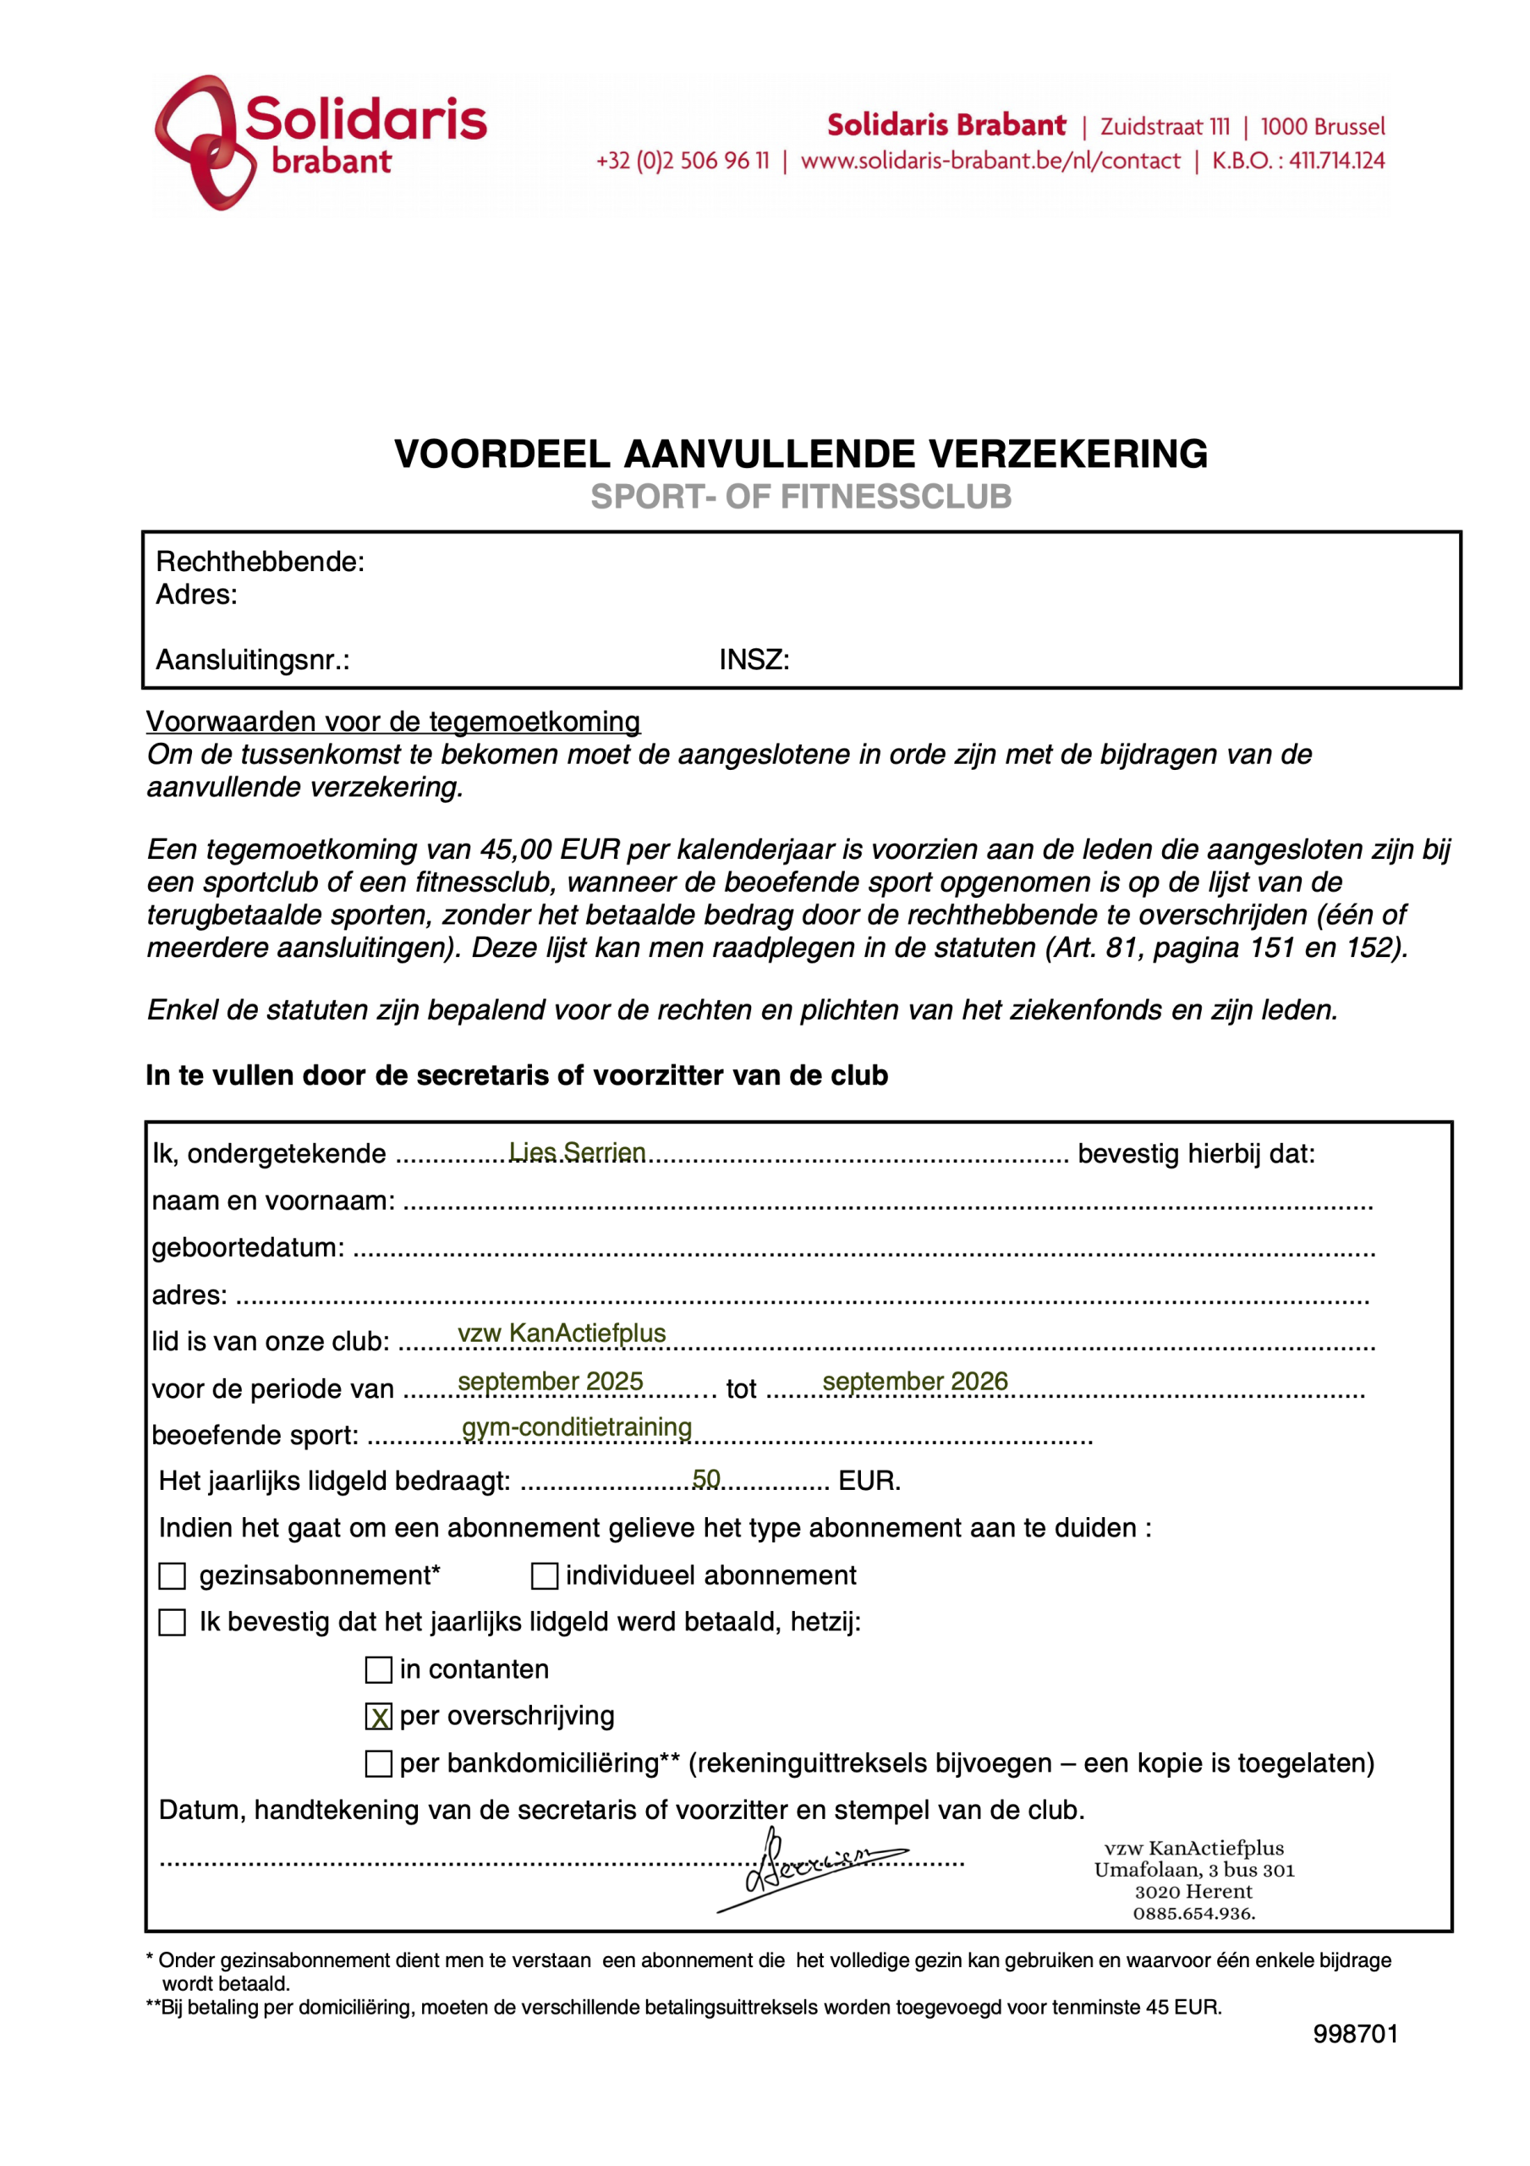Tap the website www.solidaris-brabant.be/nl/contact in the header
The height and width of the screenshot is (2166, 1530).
(x=990, y=162)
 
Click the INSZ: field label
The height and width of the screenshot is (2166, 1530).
(x=754, y=659)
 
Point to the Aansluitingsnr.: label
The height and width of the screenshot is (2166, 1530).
(x=252, y=659)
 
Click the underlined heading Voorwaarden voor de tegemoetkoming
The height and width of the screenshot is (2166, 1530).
(x=392, y=722)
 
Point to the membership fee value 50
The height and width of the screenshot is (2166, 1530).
(x=705, y=1478)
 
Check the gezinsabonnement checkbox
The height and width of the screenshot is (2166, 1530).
(x=172, y=1576)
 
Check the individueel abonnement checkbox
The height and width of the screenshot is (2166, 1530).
(x=545, y=1576)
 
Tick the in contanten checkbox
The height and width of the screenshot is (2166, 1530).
(x=378, y=1670)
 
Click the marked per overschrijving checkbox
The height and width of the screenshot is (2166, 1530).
(x=378, y=1717)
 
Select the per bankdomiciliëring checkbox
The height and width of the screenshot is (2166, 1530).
(x=378, y=1764)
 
